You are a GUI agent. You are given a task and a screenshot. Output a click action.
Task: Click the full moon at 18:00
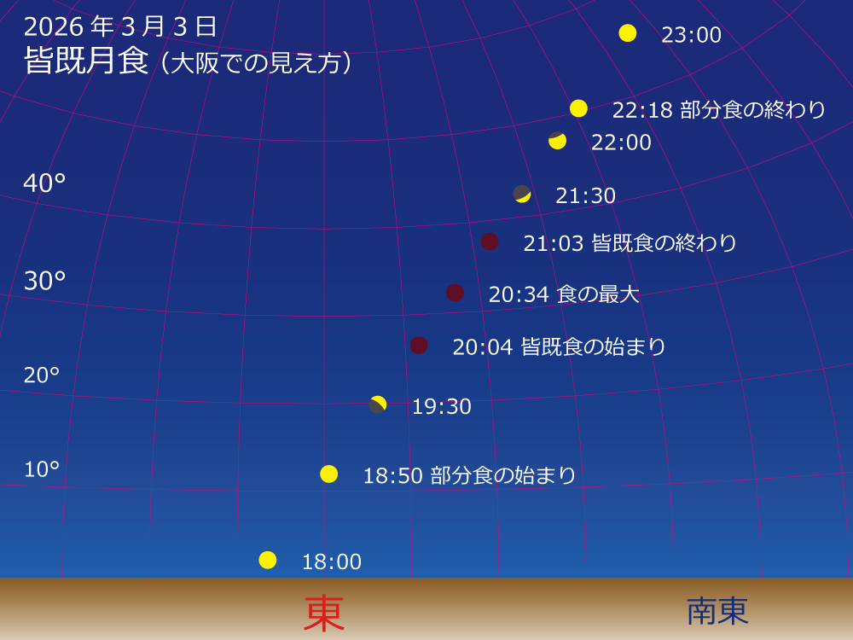[268, 560]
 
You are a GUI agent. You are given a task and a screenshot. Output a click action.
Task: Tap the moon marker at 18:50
[329, 474]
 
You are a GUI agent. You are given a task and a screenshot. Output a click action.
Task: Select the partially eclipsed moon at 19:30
[378, 404]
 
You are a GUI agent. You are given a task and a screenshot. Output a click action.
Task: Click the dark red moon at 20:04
[419, 345]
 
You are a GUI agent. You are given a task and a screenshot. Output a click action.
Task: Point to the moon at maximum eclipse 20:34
[455, 293]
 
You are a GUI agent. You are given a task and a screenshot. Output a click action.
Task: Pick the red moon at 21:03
[490, 241]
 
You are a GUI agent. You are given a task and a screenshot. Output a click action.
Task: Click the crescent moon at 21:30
[522, 194]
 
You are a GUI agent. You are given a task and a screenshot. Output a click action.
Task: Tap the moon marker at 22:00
[557, 141]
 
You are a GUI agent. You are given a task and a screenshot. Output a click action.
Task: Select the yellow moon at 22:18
[579, 108]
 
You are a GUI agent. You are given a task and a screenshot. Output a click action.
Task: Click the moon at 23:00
[628, 33]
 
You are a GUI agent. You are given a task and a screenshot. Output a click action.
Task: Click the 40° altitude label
[44, 183]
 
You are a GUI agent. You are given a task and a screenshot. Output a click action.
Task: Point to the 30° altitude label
[44, 280]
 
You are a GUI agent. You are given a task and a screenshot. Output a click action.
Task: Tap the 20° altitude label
[42, 375]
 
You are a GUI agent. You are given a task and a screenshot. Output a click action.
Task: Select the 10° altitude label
[42, 469]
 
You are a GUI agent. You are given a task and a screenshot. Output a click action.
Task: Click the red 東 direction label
[324, 614]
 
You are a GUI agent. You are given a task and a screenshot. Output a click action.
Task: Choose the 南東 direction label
[717, 611]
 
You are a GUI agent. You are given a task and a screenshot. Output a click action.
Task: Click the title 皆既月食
[87, 62]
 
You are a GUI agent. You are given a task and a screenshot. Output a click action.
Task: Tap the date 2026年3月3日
[121, 26]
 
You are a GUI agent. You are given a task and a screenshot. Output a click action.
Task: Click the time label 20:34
[518, 294]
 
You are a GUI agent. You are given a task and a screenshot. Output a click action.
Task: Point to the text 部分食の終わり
[753, 109]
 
